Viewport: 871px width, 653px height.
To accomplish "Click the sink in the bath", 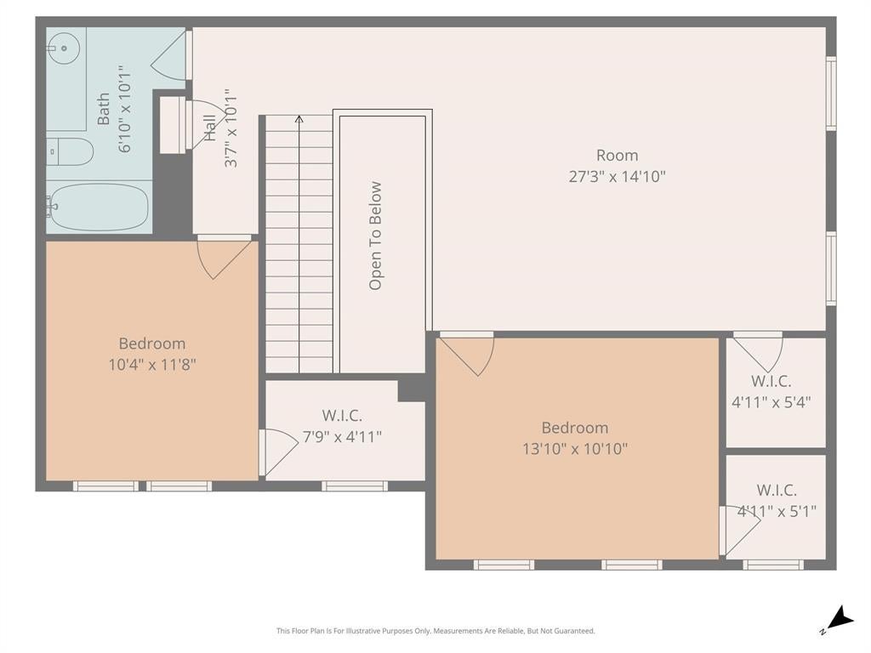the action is (63, 48).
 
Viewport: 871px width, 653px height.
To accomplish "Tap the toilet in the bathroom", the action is (70, 151).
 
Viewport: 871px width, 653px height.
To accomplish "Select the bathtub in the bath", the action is (97, 207).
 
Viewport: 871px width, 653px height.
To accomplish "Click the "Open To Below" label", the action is (375, 236).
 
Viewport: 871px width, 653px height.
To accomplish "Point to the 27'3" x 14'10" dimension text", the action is (618, 177).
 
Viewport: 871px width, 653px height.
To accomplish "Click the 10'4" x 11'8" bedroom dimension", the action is (152, 365).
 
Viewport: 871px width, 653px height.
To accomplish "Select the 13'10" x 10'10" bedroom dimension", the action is (575, 449).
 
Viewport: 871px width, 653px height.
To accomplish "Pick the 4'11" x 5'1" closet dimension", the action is (777, 511).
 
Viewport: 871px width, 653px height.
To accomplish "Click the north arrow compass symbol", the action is (839, 620).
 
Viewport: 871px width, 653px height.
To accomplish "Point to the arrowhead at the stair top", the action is (299, 118).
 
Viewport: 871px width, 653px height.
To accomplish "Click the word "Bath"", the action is (103, 109).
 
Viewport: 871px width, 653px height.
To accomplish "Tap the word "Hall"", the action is (209, 128).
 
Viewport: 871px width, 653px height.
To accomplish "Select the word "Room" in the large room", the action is (618, 156).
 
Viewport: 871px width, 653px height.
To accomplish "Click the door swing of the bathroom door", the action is (168, 55).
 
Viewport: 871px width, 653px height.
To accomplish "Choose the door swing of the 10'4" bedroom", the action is (224, 258).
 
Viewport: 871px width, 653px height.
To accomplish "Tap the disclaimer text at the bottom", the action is (435, 631).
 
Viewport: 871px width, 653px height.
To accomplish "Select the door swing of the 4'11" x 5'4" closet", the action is (758, 353).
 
